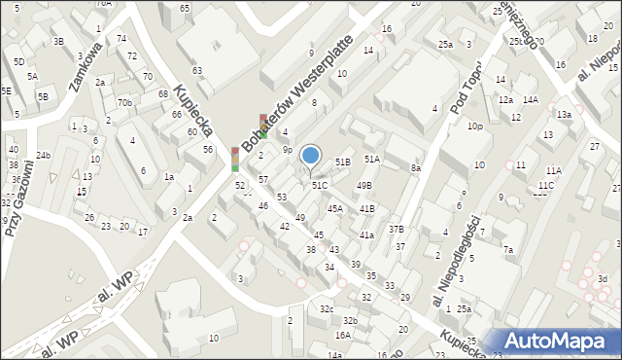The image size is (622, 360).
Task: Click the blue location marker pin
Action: coord(311,156)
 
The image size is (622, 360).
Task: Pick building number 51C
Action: coord(319,184)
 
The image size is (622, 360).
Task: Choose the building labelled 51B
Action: coord(342,162)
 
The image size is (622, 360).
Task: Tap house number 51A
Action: coord(372,159)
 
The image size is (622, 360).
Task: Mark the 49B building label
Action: coord(363,185)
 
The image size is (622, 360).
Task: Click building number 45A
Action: coord(334,208)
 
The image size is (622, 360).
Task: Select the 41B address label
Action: coord(366,208)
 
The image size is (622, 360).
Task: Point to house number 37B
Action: coord(396,229)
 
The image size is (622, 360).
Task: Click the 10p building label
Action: coord(474,126)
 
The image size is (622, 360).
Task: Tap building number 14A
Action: coord(530,99)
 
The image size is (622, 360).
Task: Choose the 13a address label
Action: coord(564,114)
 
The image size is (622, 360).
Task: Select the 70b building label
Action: coord(124,102)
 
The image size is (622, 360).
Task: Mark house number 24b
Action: coord(43,155)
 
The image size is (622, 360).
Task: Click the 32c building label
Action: coord(327,309)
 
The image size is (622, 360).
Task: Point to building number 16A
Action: coord(342,335)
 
